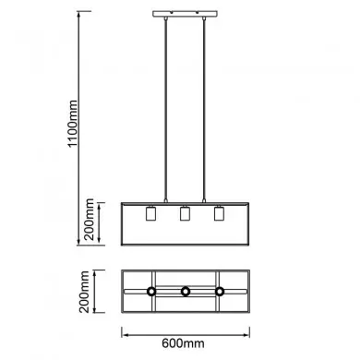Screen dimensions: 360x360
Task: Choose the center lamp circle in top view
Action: click(185, 292)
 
